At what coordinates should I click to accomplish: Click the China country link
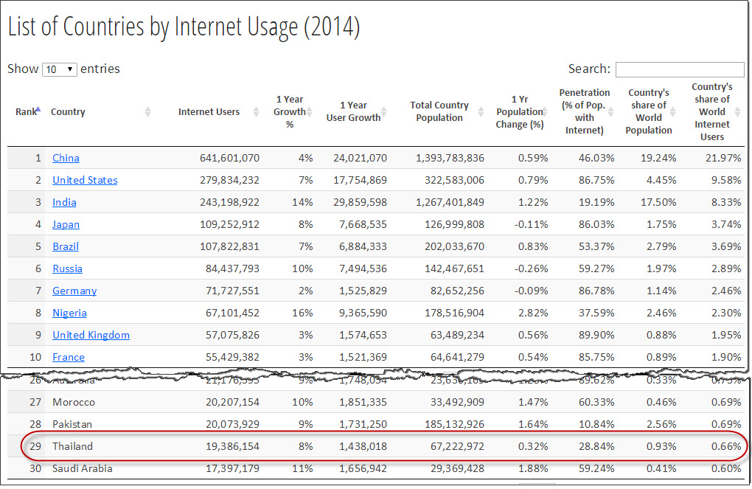click(x=66, y=158)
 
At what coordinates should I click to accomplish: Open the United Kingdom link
click(x=91, y=335)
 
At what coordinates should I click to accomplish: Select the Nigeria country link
click(x=69, y=313)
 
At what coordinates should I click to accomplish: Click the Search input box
click(x=679, y=69)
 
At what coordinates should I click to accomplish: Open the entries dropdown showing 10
click(x=60, y=69)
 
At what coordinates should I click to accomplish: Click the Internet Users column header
click(x=209, y=112)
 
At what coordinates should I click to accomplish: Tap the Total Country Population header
click(x=439, y=112)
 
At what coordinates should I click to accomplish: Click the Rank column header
click(x=27, y=112)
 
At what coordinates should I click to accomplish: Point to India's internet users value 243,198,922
click(x=229, y=202)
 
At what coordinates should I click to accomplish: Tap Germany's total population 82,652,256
click(x=450, y=291)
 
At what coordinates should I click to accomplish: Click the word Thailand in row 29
click(x=72, y=446)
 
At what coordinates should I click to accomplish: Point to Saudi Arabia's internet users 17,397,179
click(x=229, y=468)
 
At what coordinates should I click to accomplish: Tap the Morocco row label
click(x=74, y=402)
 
